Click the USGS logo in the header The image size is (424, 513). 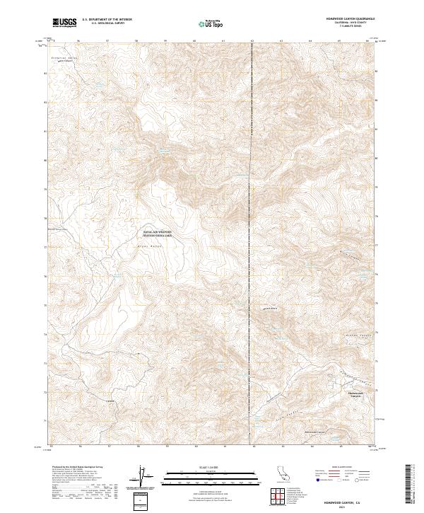pos(65,23)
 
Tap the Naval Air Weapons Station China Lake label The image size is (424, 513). pos(158,233)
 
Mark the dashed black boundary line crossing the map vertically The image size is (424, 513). pos(252,212)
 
